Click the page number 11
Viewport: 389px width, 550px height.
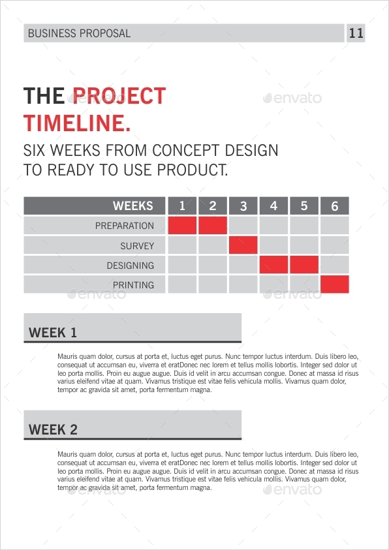(x=356, y=33)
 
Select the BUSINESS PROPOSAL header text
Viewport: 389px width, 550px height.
(x=80, y=33)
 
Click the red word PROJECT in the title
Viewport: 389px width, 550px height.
(x=119, y=96)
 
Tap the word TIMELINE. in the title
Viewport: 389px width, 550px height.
(x=76, y=123)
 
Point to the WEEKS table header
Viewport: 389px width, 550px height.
(x=132, y=206)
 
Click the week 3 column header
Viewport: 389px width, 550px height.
(x=243, y=206)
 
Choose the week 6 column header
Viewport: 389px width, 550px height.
(x=335, y=206)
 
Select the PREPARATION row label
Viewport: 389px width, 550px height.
(x=125, y=226)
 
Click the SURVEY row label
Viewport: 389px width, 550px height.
(x=137, y=246)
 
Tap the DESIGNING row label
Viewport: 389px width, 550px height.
(x=131, y=266)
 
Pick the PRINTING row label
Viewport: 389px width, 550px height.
(x=133, y=285)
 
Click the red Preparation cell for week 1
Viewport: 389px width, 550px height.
(x=182, y=226)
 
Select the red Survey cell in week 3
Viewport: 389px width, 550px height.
(x=243, y=246)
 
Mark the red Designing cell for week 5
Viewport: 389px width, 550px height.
(x=304, y=266)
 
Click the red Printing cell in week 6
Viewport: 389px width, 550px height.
(x=335, y=285)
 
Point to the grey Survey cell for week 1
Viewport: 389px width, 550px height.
(x=182, y=246)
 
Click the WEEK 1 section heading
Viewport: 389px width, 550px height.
(x=53, y=333)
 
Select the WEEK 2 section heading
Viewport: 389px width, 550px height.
(x=53, y=430)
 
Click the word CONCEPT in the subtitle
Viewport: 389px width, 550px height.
(x=183, y=150)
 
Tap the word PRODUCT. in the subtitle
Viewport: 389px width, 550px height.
(x=195, y=170)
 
